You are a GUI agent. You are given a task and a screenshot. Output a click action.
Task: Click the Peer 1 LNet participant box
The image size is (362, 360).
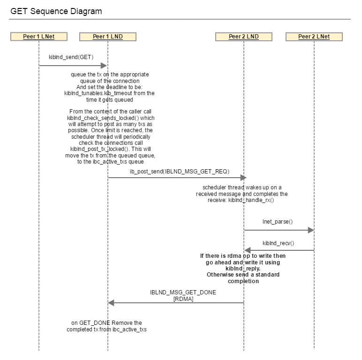pyautogui.click(x=39, y=37)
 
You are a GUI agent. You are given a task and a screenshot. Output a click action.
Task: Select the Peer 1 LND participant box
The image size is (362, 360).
pyautogui.click(x=108, y=37)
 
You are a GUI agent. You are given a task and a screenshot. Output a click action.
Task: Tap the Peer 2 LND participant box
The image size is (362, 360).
pyautogui.click(x=244, y=37)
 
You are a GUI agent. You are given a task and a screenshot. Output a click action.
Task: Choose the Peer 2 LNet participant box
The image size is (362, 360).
pyautogui.click(x=314, y=37)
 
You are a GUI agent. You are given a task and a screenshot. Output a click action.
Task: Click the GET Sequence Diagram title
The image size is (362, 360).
pyautogui.click(x=56, y=11)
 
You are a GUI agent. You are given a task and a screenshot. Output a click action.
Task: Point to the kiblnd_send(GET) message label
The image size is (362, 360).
pyautogui.click(x=71, y=57)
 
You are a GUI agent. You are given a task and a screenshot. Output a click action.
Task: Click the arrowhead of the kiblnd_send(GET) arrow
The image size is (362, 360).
pyautogui.click(x=104, y=66)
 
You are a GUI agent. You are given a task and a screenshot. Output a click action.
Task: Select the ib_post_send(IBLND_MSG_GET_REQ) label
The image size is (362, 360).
pyautogui.click(x=180, y=172)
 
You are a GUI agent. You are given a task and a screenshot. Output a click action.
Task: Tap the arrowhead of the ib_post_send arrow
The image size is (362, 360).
pyautogui.click(x=243, y=178)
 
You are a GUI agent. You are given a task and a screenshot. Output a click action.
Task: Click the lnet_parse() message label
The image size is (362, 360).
pyautogui.click(x=278, y=222)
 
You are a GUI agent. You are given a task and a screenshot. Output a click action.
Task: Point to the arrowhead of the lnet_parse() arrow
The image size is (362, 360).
pyautogui.click(x=311, y=230)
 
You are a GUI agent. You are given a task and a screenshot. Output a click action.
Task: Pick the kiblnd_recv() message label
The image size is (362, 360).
pyautogui.click(x=279, y=243)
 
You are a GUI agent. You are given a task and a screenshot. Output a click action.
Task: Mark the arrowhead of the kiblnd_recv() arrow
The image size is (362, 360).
pyautogui.click(x=247, y=250)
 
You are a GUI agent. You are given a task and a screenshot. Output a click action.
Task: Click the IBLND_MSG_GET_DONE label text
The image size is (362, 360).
pyautogui.click(x=183, y=292)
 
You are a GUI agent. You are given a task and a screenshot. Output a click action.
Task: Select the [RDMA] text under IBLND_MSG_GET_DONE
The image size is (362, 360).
pyautogui.click(x=183, y=299)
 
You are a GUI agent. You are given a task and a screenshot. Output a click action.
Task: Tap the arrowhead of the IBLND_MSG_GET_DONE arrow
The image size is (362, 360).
pyautogui.click(x=111, y=303)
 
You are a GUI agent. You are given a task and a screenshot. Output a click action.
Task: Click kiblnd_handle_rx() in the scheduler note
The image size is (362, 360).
pyautogui.click(x=251, y=200)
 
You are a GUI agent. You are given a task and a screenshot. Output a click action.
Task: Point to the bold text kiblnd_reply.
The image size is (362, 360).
pyautogui.click(x=243, y=269)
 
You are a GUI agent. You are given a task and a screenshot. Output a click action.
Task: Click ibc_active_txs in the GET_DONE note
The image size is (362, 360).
pyautogui.click(x=129, y=330)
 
